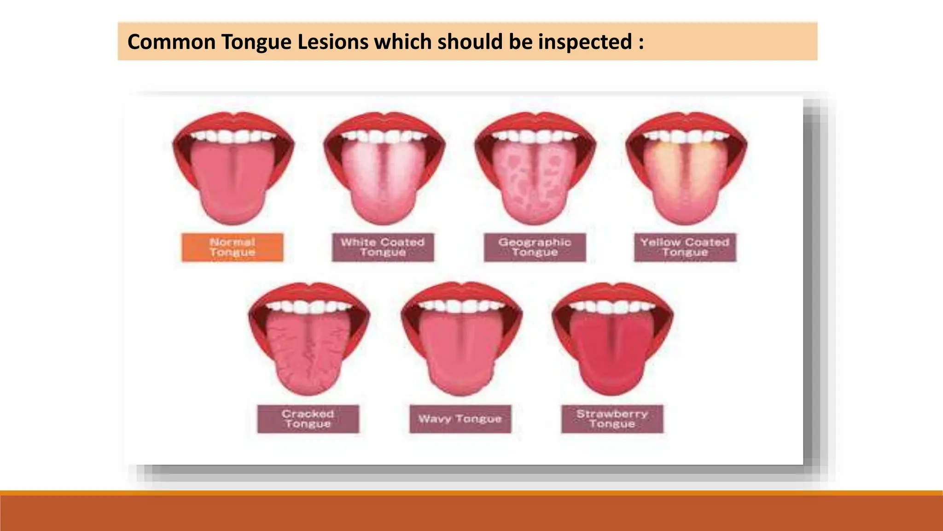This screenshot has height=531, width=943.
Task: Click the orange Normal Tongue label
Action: tap(233, 248)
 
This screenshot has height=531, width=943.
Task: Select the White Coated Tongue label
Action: tap(383, 248)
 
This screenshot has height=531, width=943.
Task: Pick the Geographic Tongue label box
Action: tap(535, 248)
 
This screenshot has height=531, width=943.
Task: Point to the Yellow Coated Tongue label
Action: tap(685, 248)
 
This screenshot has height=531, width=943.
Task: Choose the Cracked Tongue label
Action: tap(308, 419)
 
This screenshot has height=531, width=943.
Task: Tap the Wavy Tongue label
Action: tap(460, 419)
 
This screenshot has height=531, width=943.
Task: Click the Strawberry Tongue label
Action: tap(612, 419)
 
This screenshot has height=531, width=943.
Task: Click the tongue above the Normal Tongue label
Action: tap(233, 184)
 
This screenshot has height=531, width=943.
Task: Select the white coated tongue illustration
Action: tap(384, 184)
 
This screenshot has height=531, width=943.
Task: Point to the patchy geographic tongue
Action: tap(535, 184)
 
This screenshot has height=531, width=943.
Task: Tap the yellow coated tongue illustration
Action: tap(686, 184)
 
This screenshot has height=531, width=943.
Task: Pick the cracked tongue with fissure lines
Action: tap(309, 355)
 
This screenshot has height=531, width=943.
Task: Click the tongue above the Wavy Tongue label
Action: tap(461, 355)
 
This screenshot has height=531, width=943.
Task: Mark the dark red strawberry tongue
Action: tap(612, 355)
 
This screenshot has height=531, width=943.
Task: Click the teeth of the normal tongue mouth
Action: tap(233, 136)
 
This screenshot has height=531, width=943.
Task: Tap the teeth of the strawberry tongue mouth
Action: tap(612, 307)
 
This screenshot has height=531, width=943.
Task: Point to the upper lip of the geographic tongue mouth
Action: tap(535, 121)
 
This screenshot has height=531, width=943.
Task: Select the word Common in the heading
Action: tap(171, 42)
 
